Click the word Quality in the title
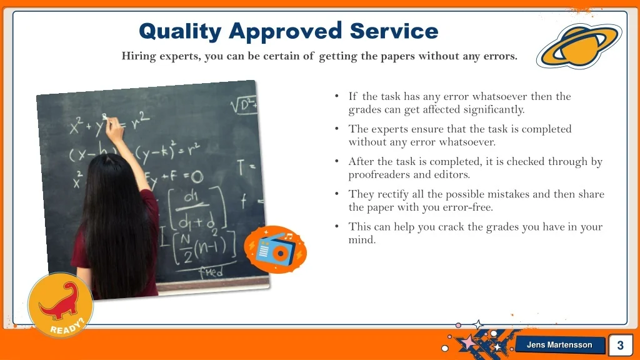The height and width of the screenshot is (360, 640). point(180,32)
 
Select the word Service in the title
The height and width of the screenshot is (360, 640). point(394,31)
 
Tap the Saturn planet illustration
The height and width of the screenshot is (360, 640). point(579,46)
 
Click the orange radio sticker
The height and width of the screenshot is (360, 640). point(275,249)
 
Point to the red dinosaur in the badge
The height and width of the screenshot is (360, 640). point(60,302)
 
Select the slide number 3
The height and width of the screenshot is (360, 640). point(621,345)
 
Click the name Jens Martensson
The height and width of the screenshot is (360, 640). point(559,345)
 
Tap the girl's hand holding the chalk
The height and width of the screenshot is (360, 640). point(114,129)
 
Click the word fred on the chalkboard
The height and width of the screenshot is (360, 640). point(211,271)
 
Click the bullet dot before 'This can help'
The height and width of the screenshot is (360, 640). point(337,226)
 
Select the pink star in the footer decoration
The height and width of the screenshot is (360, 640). point(469,342)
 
